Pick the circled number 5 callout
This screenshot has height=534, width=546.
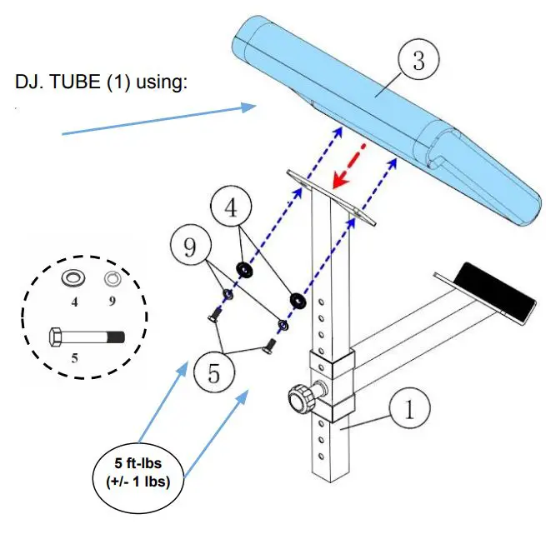[x=214, y=372]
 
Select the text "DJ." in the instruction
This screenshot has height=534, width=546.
[x=29, y=84]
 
